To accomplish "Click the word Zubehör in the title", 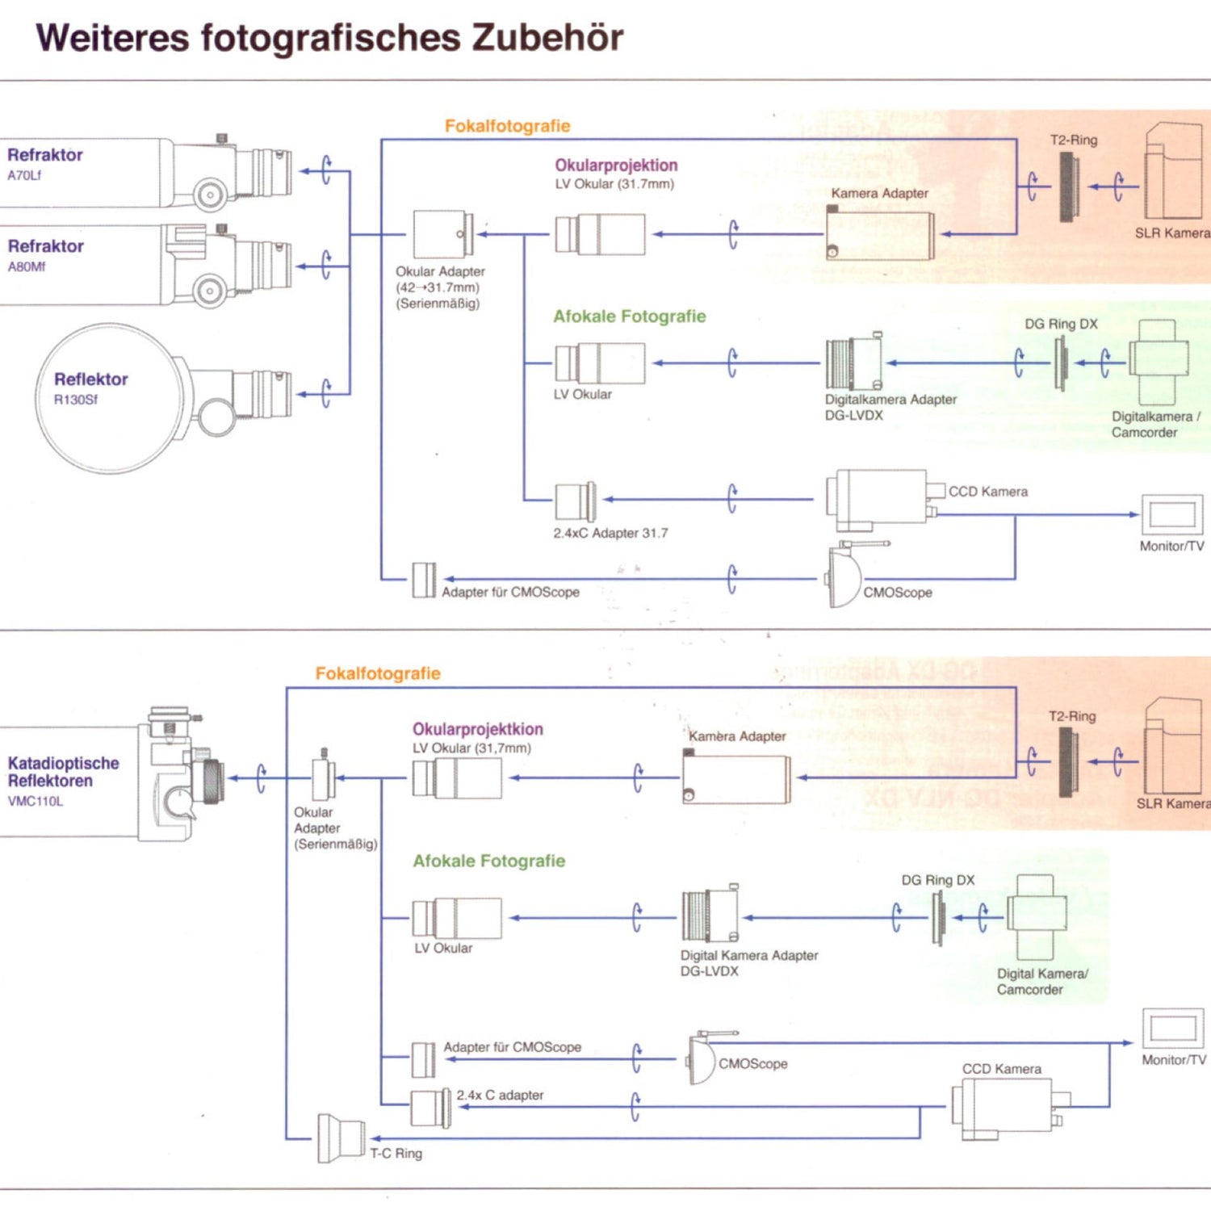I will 547,38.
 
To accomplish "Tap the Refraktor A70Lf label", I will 44,162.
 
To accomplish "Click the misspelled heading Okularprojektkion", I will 477,729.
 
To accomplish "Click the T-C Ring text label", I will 396,1154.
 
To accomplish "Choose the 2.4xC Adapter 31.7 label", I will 610,533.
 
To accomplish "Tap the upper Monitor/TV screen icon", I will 1172,514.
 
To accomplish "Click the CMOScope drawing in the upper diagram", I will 844,576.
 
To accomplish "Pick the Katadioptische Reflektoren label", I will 63,772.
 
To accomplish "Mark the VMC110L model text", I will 36,802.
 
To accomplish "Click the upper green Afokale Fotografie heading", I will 629,316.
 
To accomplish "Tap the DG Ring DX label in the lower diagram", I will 937,880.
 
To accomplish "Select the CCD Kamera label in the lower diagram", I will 1001,1069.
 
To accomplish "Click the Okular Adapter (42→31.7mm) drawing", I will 442,234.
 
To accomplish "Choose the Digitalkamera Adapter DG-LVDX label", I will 890,407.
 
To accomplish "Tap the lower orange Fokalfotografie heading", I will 378,673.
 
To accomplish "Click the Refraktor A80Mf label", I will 45,254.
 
